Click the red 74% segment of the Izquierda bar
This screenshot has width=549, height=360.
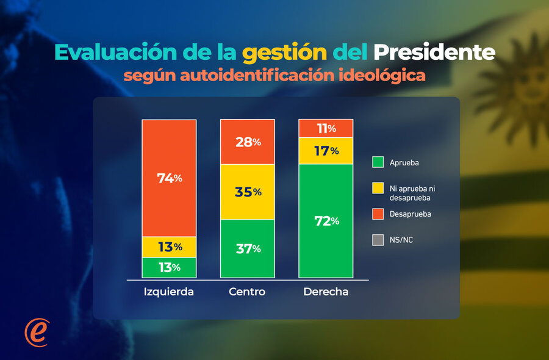[x=169, y=178]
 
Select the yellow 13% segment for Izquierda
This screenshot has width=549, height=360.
[x=169, y=247]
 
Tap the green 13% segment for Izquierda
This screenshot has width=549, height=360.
[x=169, y=268]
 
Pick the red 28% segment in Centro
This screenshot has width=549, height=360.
[x=248, y=142]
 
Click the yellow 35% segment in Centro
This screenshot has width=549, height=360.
[x=248, y=192]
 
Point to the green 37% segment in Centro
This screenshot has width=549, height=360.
[x=248, y=248]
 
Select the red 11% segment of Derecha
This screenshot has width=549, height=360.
[x=326, y=129]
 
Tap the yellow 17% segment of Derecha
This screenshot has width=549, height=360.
[x=326, y=151]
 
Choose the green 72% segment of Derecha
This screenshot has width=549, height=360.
[x=326, y=221]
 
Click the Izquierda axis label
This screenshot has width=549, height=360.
[x=169, y=292]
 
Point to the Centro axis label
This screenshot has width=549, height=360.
[x=247, y=292]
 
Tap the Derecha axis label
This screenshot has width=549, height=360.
[x=326, y=292]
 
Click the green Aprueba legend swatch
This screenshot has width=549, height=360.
[x=378, y=162]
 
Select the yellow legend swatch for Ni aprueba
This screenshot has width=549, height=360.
[x=378, y=188]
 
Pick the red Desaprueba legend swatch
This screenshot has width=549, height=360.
[x=378, y=214]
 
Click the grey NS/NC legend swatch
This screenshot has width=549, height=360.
[x=378, y=240]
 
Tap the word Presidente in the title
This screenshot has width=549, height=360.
[x=434, y=52]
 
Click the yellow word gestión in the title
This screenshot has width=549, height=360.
[x=285, y=53]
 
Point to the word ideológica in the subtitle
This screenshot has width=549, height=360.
[x=382, y=76]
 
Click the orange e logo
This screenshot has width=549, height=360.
[x=37, y=333]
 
